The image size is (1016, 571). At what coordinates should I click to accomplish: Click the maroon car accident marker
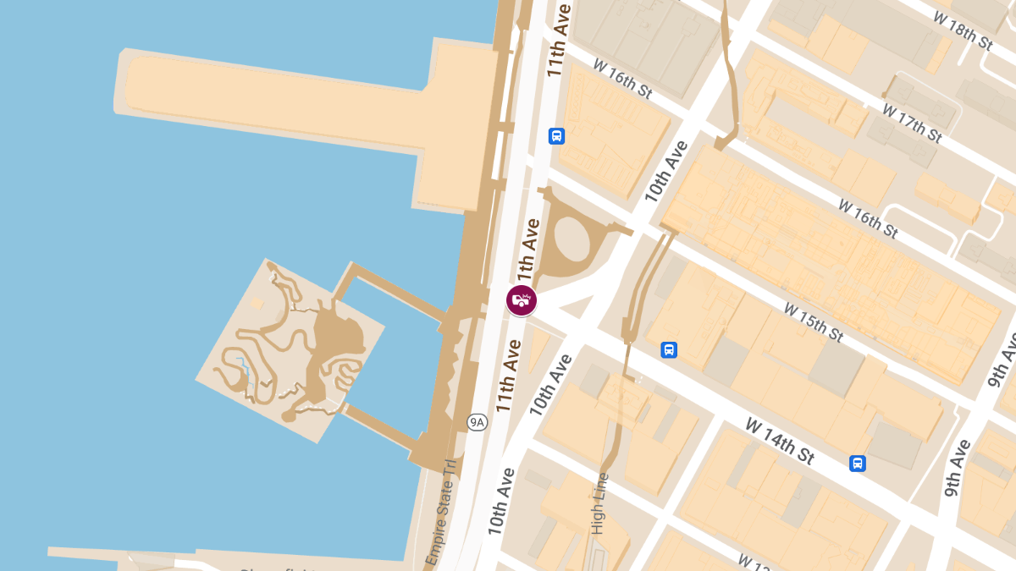point(522,299)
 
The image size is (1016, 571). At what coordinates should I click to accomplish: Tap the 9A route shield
point(478,421)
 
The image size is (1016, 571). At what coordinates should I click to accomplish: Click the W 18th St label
point(962,29)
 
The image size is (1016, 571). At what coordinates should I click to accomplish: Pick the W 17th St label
point(911,123)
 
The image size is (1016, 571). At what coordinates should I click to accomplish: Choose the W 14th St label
point(780,441)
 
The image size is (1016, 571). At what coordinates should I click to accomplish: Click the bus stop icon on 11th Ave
point(556,135)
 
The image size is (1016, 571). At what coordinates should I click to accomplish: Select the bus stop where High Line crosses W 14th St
point(669,349)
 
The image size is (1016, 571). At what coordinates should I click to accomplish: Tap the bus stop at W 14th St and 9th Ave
point(858,463)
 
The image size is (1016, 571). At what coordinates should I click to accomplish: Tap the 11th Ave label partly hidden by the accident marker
point(528,254)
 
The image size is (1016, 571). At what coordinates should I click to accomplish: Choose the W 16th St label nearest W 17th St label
point(868,218)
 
